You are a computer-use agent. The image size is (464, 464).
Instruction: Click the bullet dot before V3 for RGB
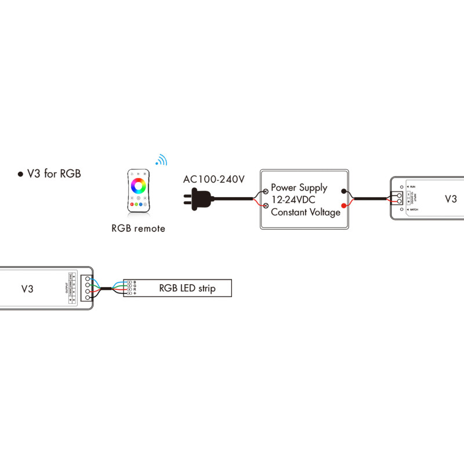pos(20,174)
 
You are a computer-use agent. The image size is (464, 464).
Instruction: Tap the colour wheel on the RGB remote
pos(138,186)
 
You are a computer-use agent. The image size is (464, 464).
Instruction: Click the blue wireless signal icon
pos(161,161)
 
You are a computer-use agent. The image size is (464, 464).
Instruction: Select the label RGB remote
pos(138,229)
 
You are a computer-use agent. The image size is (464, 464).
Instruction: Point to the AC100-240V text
pos(214,179)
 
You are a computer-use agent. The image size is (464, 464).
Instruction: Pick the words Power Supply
pos(299,188)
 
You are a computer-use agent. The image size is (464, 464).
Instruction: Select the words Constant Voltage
pos(306,212)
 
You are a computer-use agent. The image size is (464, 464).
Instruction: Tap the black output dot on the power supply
pos(345,191)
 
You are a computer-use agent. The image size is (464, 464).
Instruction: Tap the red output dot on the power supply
pos(345,206)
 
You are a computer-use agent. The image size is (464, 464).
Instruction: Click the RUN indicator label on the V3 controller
pos(412,186)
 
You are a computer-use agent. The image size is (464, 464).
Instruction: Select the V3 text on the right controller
pos(451,199)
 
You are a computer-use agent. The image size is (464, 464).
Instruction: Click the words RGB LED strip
pos(187,288)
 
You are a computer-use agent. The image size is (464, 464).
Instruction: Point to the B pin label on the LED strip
pos(135,282)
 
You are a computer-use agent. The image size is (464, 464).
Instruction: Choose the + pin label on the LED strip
pos(135,295)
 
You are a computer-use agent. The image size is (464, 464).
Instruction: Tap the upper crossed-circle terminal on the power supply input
pos(266,190)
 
